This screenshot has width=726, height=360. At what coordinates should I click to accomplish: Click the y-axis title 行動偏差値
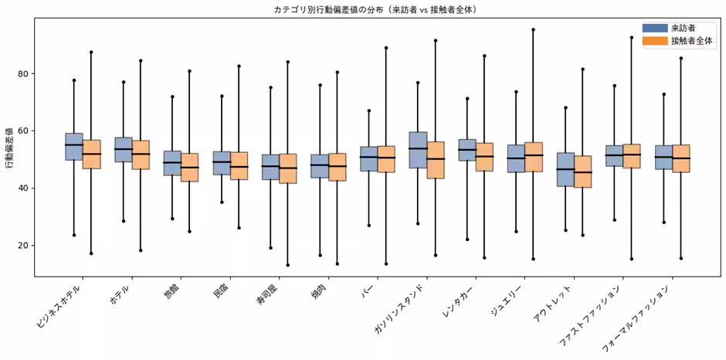pyautogui.click(x=9, y=146)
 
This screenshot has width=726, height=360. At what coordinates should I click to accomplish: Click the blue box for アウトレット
pyautogui.click(x=565, y=169)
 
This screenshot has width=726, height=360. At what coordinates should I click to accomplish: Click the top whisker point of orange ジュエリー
pyautogui.click(x=533, y=29)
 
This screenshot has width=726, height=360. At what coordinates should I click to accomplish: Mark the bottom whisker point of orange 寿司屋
pyautogui.click(x=288, y=265)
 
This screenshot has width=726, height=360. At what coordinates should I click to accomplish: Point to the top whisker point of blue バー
pyautogui.click(x=368, y=110)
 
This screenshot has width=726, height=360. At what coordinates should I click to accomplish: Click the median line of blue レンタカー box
pyautogui.click(x=467, y=149)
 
